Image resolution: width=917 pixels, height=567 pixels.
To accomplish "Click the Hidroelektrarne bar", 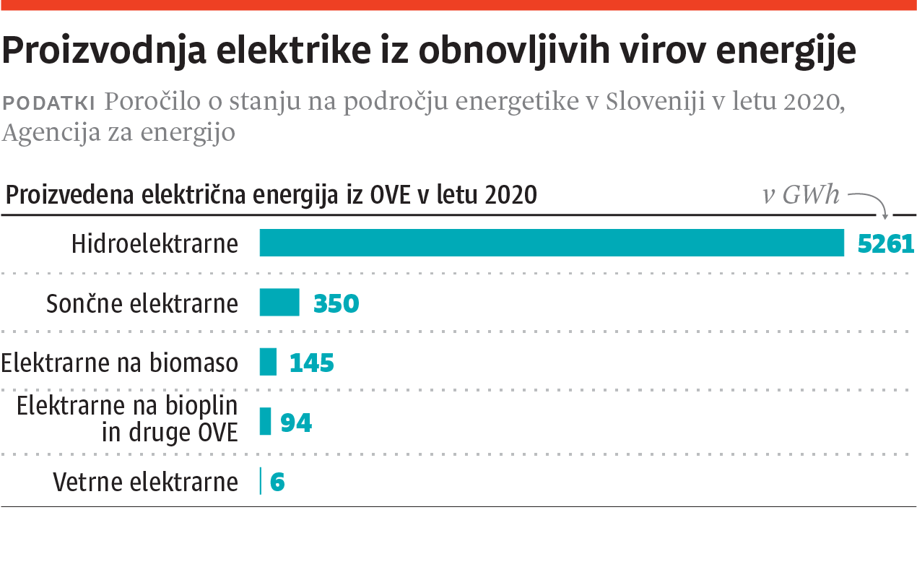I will [x=552, y=243].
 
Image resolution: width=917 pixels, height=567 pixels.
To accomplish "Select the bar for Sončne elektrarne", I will [x=279, y=302].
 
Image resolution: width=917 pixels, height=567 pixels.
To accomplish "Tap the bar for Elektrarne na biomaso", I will [x=268, y=362].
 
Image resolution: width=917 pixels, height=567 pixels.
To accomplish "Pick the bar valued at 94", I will [x=265, y=421].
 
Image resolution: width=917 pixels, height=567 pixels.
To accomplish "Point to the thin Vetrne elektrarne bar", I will [x=261, y=481].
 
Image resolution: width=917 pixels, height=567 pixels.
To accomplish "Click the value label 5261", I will [x=886, y=244].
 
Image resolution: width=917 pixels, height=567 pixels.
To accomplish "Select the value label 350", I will [x=336, y=303].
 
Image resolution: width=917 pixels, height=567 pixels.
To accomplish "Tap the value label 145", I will [x=312, y=363].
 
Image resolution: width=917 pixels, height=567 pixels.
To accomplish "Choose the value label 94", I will [x=296, y=423].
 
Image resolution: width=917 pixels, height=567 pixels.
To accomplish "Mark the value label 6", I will [x=277, y=482].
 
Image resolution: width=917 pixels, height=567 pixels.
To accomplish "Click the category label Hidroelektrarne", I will [x=155, y=243].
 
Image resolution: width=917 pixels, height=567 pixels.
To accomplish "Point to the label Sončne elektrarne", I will [x=142, y=303].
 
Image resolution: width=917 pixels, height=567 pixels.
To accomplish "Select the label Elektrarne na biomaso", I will [x=120, y=363].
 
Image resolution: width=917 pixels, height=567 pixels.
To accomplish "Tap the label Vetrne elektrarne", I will [x=146, y=482].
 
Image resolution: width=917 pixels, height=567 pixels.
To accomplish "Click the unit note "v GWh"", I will [x=801, y=195].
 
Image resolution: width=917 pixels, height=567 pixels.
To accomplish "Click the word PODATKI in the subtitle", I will [x=50, y=103].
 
